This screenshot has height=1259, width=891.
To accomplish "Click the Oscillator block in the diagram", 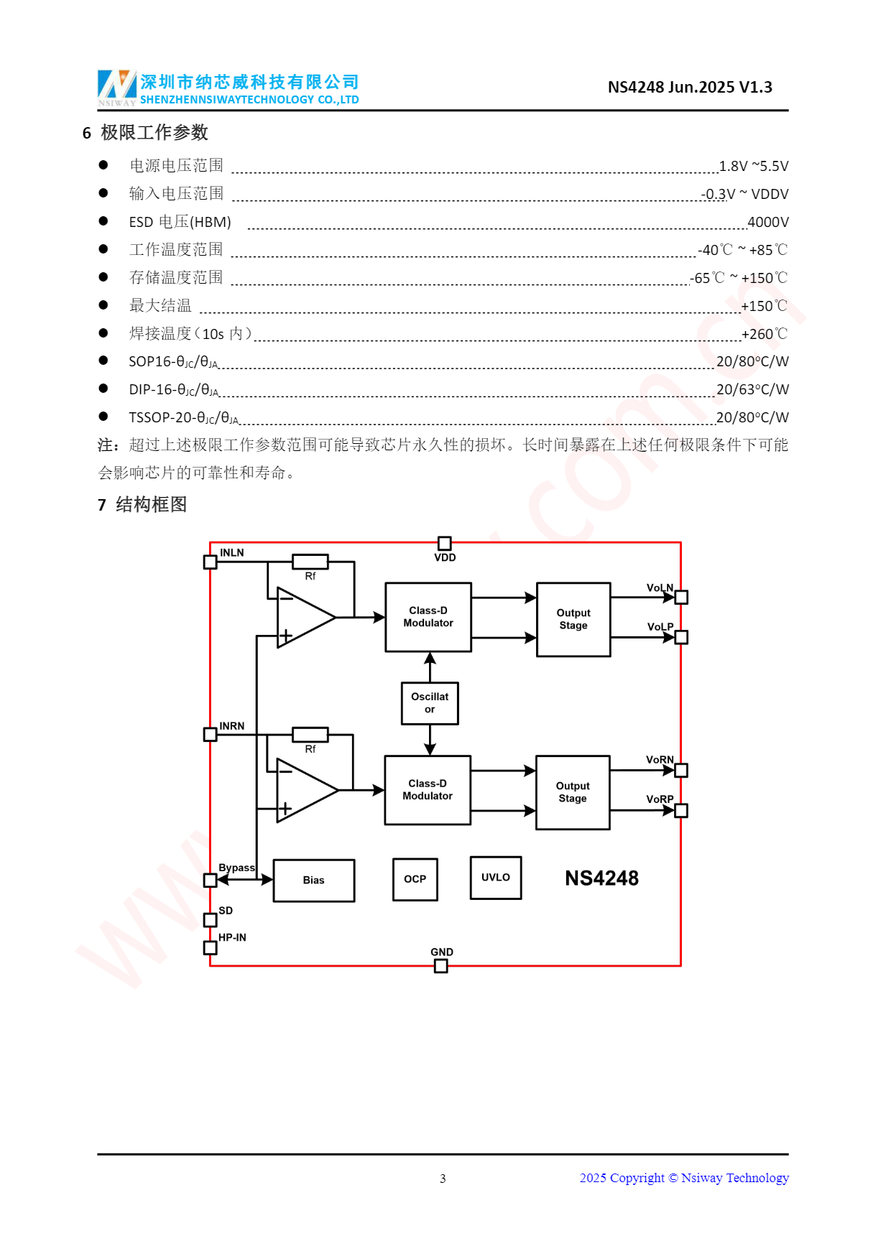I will [x=430, y=703].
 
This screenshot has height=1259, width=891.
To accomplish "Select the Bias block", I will [x=314, y=880].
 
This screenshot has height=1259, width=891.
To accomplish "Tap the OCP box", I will [x=415, y=879].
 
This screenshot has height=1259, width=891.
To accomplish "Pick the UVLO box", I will [x=496, y=878].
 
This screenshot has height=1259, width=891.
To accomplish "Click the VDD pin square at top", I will [x=445, y=543].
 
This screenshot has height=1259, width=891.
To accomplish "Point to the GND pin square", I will [x=441, y=966].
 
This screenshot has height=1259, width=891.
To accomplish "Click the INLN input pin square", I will [x=211, y=562].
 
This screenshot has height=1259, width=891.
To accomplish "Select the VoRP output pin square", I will [x=681, y=810].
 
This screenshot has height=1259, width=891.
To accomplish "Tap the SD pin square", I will [x=211, y=920].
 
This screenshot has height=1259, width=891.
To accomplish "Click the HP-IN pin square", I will [x=211, y=948].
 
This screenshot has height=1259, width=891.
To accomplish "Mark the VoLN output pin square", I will [x=681, y=597].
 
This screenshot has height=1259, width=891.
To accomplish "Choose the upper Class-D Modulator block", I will [x=428, y=617].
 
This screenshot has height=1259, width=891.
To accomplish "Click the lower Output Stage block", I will [x=573, y=792].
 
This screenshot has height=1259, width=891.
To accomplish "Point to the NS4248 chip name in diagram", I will [x=601, y=878].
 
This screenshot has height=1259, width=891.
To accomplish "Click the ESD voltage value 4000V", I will [x=767, y=223].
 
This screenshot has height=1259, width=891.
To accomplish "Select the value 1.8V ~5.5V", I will [x=753, y=167].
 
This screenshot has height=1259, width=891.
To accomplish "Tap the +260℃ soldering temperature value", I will [x=764, y=334].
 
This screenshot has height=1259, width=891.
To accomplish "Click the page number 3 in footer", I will [x=443, y=1179].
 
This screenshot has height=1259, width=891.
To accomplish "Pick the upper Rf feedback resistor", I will [x=310, y=562].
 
